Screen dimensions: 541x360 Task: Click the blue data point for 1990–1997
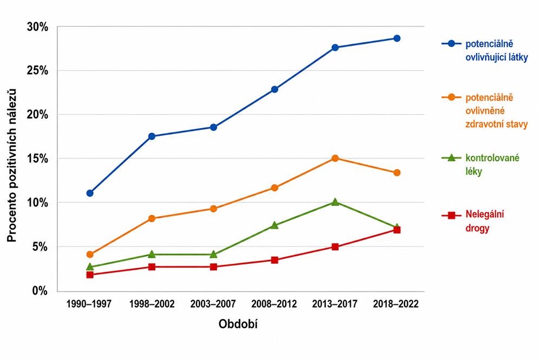pyautogui.click(x=90, y=193)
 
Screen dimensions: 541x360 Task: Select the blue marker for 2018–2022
pyautogui.click(x=397, y=38)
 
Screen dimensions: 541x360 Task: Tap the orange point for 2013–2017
pyautogui.click(x=335, y=158)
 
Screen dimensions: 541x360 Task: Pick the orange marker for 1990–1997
pyautogui.click(x=90, y=255)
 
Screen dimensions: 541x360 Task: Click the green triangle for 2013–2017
pyautogui.click(x=335, y=202)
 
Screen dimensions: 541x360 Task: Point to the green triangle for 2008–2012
pyautogui.click(x=275, y=225)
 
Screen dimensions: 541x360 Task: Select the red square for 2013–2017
pyautogui.click(x=335, y=247)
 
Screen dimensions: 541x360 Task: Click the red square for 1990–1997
pyautogui.click(x=90, y=275)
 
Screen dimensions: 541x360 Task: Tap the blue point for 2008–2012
pyautogui.click(x=275, y=89)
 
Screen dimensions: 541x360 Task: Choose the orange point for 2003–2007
pyautogui.click(x=214, y=209)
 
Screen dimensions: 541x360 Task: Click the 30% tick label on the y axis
pyautogui.click(x=37, y=27)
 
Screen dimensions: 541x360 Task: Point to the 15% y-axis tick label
pyautogui.click(x=37, y=158)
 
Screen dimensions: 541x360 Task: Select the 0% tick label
pyautogui.click(x=40, y=291)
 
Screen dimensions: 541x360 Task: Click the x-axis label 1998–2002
pyautogui.click(x=152, y=304)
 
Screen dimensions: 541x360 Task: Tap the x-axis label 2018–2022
pyautogui.click(x=396, y=304)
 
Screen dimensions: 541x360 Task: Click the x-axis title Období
pyautogui.click(x=238, y=324)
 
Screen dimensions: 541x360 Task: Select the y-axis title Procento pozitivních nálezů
pyautogui.click(x=12, y=165)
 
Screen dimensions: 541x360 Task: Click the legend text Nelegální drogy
pyautogui.click(x=485, y=221)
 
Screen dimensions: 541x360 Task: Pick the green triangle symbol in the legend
pyautogui.click(x=451, y=158)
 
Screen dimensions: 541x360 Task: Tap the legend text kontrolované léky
pyautogui.click(x=492, y=164)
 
